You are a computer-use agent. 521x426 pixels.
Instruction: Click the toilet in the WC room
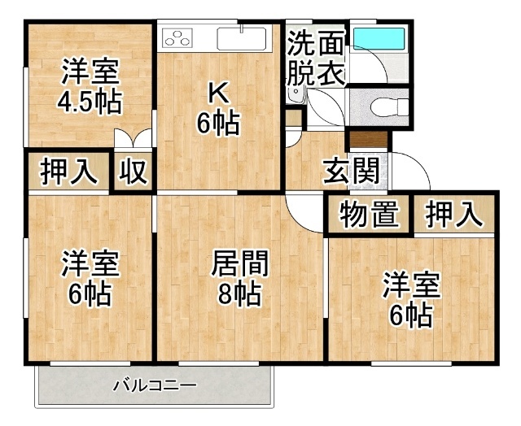(389, 108)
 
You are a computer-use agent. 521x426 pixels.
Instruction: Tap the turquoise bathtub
(379, 38)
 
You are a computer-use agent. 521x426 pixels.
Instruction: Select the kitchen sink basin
(242, 38)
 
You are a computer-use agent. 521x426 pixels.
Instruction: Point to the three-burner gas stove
(177, 37)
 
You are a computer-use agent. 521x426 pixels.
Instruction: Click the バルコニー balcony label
(155, 385)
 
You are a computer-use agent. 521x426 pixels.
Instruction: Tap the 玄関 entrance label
(352, 172)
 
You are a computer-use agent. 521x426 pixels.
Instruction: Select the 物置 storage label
(369, 215)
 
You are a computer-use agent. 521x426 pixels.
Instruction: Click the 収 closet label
(134, 172)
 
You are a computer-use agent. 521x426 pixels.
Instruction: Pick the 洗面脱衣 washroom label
(315, 58)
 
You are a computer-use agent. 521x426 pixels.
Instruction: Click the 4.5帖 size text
(90, 102)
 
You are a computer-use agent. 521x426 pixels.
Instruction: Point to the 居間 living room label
(240, 263)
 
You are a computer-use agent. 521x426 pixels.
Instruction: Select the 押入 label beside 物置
(454, 215)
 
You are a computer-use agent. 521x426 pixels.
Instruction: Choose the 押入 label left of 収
(68, 172)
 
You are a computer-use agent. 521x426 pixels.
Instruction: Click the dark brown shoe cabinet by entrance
(369, 140)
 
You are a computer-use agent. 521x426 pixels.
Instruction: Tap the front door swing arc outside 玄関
(420, 164)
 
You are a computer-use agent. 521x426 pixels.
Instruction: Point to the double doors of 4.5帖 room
(133, 138)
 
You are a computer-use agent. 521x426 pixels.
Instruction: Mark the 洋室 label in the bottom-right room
(411, 285)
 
